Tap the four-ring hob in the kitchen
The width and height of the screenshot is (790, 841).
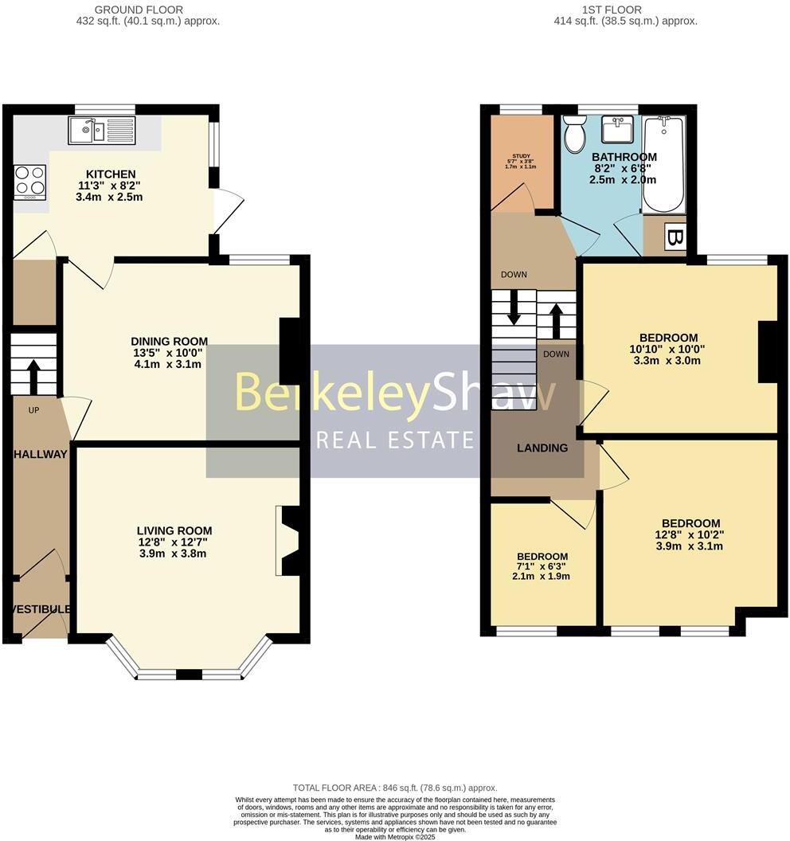coord(30,181)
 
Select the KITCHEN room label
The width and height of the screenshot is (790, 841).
coord(111,174)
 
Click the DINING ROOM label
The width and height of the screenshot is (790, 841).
coord(168,341)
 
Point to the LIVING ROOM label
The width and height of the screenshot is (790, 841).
coord(174,530)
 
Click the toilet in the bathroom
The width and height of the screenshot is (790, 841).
coord(573,134)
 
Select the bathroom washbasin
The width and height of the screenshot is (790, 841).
coord(617,128)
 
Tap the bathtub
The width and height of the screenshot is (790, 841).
coord(663,164)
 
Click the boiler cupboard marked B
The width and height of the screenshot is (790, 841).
coord(675,237)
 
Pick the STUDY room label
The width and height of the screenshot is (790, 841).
coord(521,156)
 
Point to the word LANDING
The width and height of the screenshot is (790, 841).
coord(542,448)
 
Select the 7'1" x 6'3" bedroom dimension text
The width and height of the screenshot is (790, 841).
coord(542,567)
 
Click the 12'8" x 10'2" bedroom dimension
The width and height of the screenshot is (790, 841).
coord(690,535)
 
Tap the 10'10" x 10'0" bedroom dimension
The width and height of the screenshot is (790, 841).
coord(668,349)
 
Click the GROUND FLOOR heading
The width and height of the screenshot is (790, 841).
coord(139,10)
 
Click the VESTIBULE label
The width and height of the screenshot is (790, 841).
coord(41,609)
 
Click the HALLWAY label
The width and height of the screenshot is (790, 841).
coord(40,454)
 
